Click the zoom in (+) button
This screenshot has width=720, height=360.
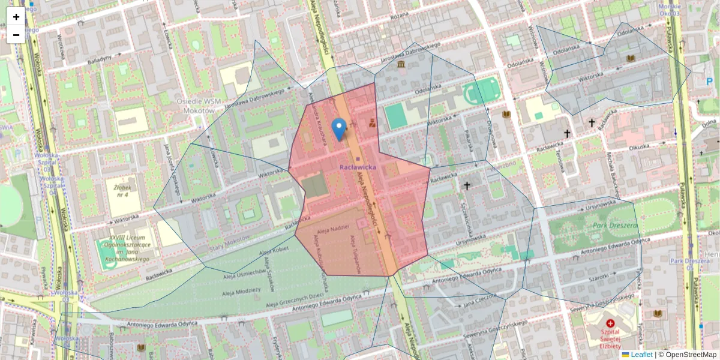pos(16,17)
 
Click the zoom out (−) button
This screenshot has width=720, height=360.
pos(16,35)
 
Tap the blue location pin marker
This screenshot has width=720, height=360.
pos(339,129)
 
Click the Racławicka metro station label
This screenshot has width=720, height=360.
pos(358,167)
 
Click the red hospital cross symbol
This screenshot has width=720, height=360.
pos(610,323)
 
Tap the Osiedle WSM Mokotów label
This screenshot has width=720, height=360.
pos(196,106)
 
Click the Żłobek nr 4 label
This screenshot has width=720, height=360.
pos(122,191)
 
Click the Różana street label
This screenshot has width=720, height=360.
pos(398,16)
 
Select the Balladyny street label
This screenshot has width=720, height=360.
pos(100,59)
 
